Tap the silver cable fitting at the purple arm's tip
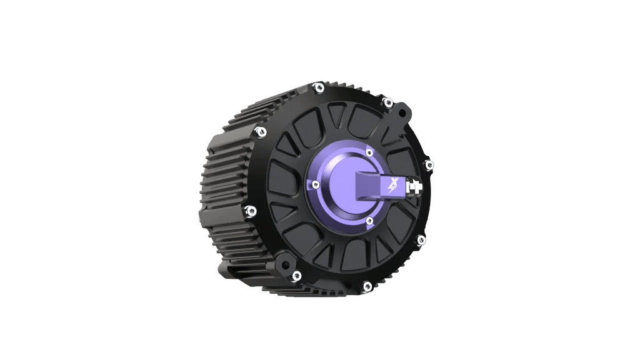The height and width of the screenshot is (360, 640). point(413,186)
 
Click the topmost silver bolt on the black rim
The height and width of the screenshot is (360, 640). point(318,87)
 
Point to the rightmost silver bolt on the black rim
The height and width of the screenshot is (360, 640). point(429,164)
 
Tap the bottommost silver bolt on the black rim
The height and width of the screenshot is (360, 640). point(366,287)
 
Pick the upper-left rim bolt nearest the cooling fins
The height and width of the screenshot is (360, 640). point(257,131)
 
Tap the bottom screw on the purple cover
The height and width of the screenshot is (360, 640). point(370,219)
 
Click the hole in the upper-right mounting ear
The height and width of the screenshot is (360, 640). point(400,112)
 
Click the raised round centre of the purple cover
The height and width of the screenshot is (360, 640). point(341,186)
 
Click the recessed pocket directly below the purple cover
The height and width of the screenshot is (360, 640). point(350,253)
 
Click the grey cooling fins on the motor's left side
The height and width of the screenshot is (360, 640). point(225,187)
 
